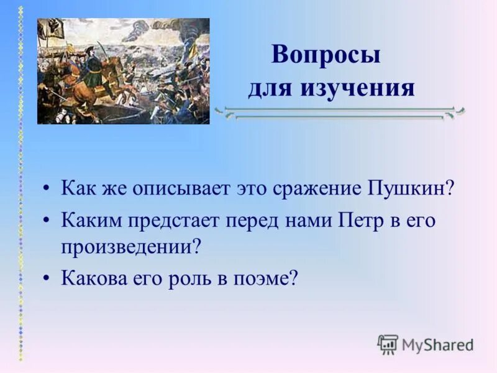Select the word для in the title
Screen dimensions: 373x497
271,88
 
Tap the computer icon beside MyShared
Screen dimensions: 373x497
388,344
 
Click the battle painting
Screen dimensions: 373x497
123,71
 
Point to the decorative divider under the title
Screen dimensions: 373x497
339,113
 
